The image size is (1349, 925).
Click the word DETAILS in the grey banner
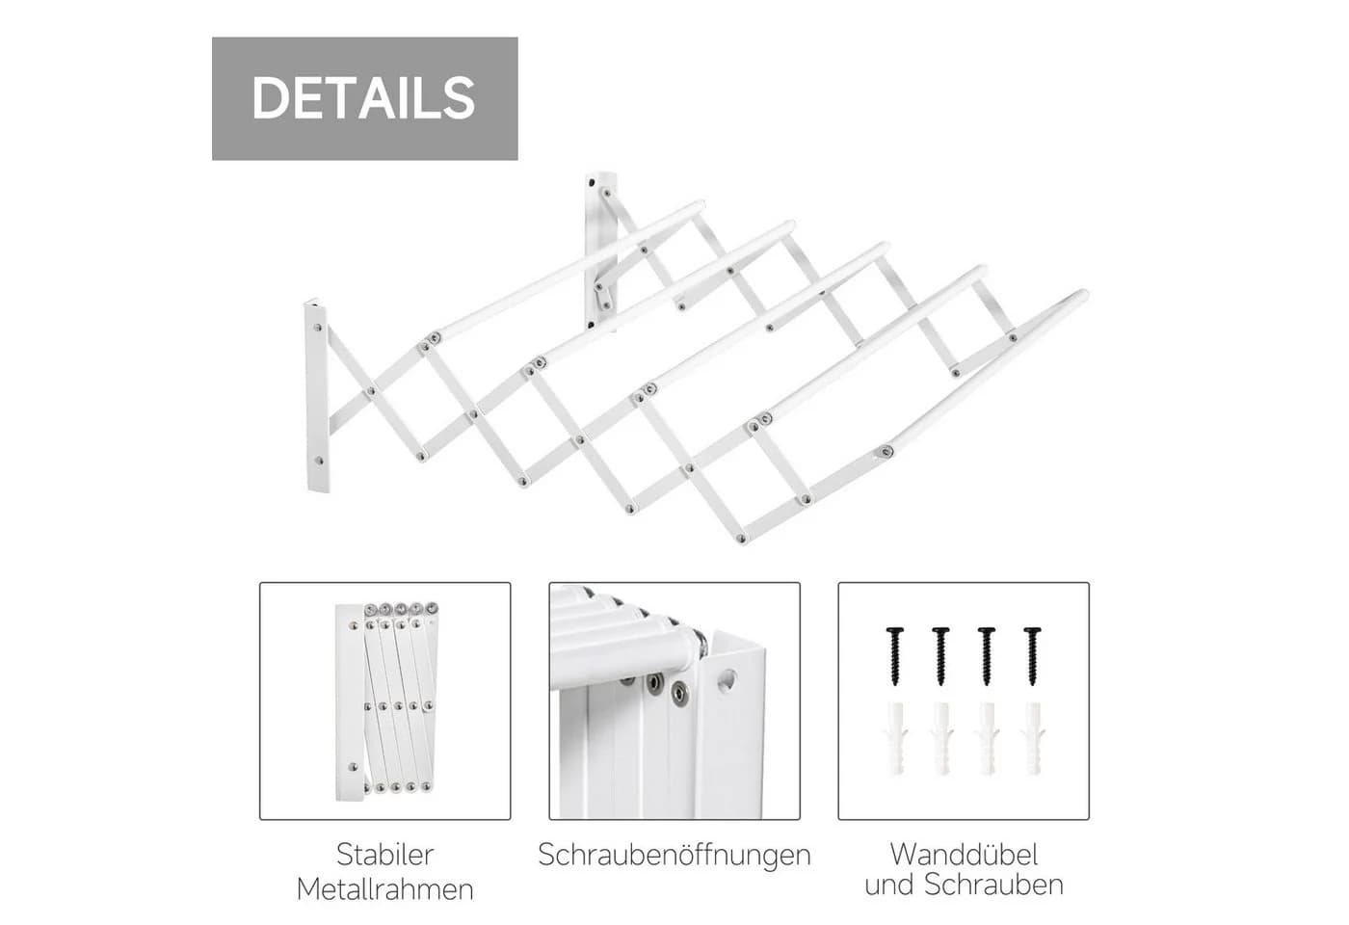(x=364, y=98)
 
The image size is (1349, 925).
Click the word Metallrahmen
(x=384, y=889)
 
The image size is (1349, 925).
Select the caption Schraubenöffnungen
(x=674, y=855)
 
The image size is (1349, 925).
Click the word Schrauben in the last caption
(x=993, y=885)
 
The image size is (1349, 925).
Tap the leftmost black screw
(x=895, y=656)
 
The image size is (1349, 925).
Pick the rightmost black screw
(x=1032, y=656)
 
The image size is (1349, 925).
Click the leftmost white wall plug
(x=895, y=738)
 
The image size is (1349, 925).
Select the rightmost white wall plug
(x=1032, y=738)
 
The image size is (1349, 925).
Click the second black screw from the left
(x=940, y=656)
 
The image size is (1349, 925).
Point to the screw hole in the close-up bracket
(x=727, y=681)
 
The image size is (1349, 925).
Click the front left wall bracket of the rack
(x=317, y=395)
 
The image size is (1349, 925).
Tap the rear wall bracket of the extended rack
(x=601, y=252)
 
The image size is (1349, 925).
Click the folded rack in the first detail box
(x=386, y=701)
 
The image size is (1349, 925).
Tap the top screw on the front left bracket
(x=319, y=329)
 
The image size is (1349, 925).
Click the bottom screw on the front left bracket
(x=319, y=462)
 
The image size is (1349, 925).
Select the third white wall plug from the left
(x=987, y=738)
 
